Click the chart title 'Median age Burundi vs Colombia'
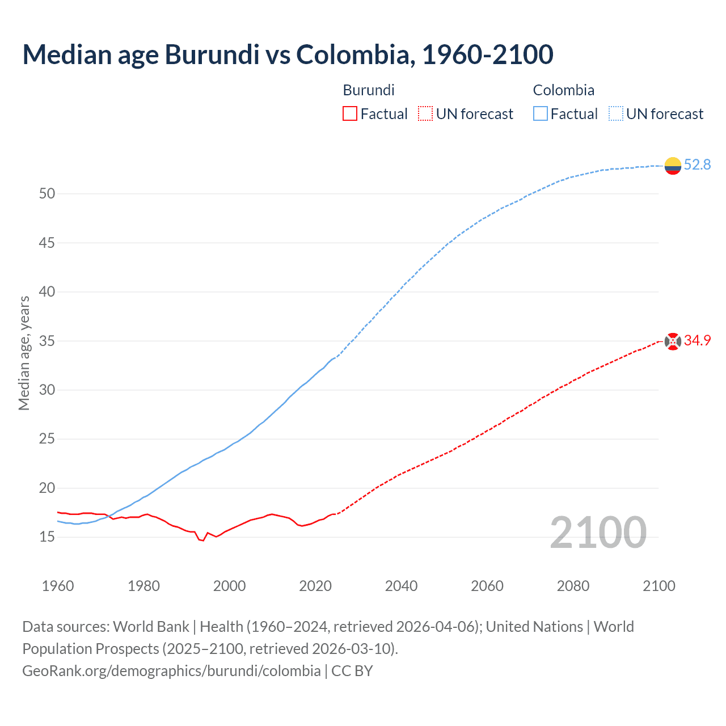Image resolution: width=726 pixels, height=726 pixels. pos(288,55)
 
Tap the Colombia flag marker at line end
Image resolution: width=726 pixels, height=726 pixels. pos(673,166)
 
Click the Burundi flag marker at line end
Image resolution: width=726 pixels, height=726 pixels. pos(673,341)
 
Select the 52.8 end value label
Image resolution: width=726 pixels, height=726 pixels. pos(697,165)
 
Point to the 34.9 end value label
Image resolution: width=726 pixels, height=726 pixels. pos(697,341)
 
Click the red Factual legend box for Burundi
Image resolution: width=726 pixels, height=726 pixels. pos(350,114)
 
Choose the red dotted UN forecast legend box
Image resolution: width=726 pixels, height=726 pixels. pos(425,114)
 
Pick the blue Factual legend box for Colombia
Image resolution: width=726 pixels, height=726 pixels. pos(540,114)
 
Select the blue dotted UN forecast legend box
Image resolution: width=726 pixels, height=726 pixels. pos(615,114)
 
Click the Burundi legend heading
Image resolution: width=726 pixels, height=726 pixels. pos(369,90)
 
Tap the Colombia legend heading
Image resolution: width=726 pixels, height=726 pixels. pos(563,90)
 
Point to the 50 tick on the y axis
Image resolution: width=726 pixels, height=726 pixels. pos(47,194)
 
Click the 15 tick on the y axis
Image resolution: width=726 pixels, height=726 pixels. pos(47,537)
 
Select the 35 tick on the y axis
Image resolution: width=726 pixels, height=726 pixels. pos(47,341)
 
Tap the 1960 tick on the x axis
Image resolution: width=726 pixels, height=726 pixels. pos(58,586)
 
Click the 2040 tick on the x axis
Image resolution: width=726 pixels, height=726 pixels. pos(401,586)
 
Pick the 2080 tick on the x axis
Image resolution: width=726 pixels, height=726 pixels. pos(573,586)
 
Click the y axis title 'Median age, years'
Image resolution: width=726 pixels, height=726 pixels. pos(24,353)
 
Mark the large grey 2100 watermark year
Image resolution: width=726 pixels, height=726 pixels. pos(598,532)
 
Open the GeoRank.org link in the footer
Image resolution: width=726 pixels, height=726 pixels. pos(171,671)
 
